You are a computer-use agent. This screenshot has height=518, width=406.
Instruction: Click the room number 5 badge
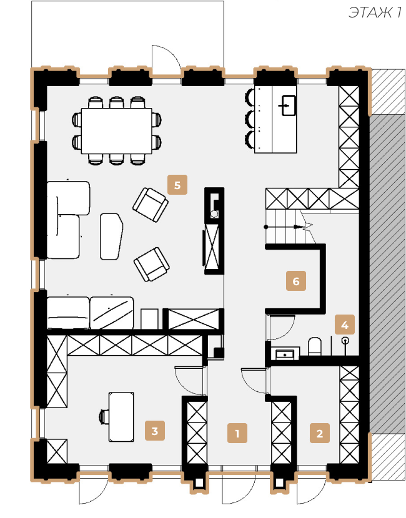click(177, 185)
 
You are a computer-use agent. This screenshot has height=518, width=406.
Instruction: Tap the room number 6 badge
click(296, 281)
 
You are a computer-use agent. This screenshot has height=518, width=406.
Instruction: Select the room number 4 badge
click(345, 325)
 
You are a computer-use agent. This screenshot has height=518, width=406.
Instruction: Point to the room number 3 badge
click(155, 431)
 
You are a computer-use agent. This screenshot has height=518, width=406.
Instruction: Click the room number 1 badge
click(237, 432)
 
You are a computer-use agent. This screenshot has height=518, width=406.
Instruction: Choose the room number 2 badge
click(320, 432)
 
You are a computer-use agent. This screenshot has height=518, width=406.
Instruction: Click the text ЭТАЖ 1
click(375, 12)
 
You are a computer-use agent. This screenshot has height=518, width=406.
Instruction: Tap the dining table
click(116, 131)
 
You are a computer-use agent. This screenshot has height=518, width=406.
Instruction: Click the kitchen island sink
click(289, 105)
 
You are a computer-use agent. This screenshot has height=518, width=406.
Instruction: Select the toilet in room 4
click(315, 346)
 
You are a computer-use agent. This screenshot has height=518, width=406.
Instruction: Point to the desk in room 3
click(121, 417)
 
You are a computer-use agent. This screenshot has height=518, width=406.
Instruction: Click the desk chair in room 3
click(104, 416)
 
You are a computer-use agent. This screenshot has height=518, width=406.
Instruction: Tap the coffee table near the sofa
click(111, 236)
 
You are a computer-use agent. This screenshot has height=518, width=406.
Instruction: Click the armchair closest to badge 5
click(150, 205)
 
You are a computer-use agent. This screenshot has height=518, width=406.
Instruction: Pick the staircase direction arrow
click(285, 227)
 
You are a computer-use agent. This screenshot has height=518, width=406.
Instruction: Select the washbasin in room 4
click(285, 354)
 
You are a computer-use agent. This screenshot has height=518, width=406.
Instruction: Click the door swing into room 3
click(189, 380)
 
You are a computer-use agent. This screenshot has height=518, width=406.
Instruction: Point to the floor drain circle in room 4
click(345, 340)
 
